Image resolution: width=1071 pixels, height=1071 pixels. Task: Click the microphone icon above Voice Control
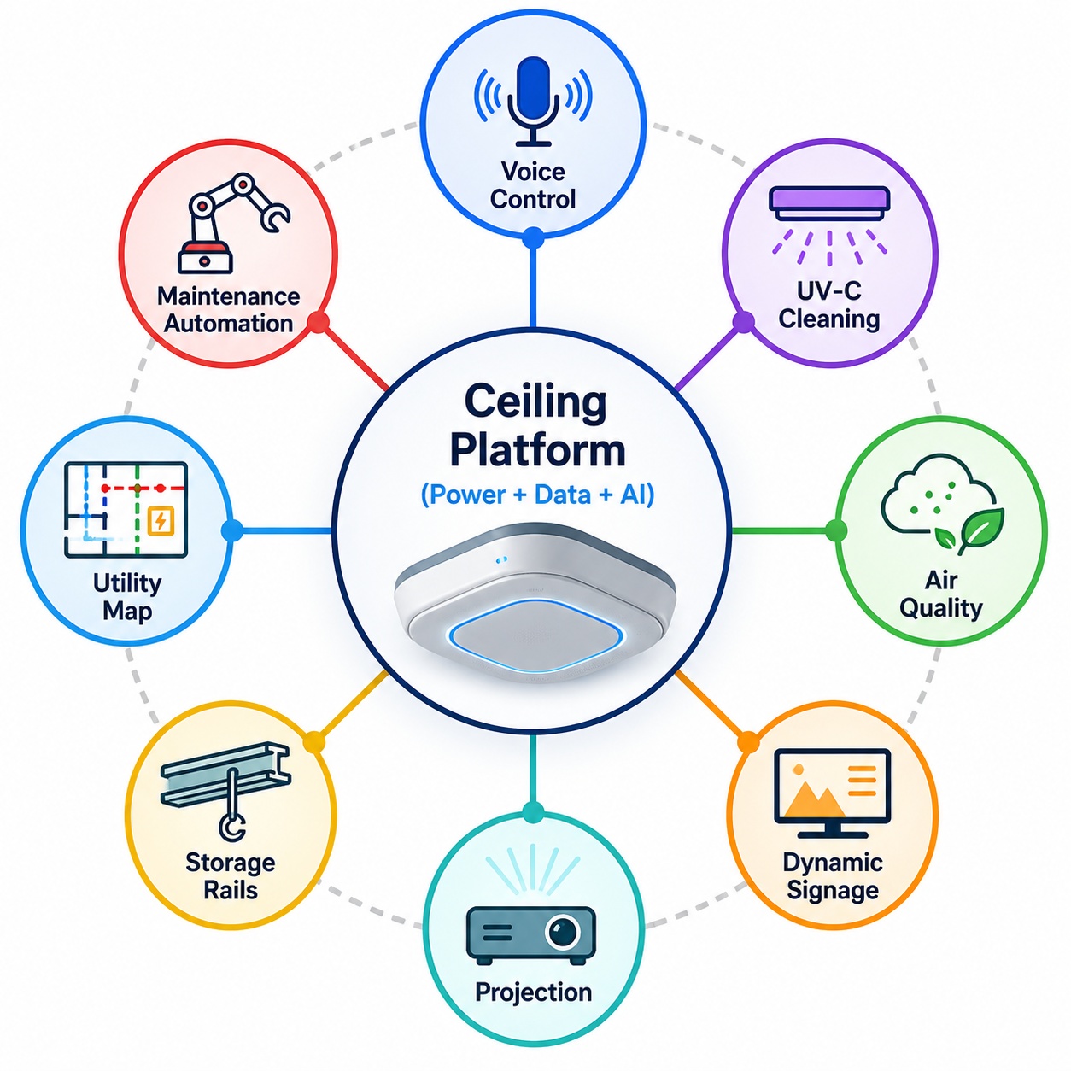(x=534, y=99)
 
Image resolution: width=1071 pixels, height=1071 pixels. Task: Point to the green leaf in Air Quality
(x=980, y=529)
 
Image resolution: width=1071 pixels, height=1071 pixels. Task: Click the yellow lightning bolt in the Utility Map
(x=161, y=520)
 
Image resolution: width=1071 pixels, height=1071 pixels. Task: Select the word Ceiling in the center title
(x=535, y=401)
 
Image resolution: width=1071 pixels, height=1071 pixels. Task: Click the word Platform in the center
(x=537, y=450)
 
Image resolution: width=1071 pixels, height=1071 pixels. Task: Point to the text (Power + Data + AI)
(x=537, y=495)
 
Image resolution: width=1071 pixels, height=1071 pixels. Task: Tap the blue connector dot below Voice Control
(x=533, y=238)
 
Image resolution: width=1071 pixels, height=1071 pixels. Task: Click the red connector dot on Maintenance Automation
(x=319, y=322)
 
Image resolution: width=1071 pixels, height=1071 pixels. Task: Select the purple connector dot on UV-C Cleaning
(x=744, y=322)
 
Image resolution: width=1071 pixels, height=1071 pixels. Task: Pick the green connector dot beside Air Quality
(x=836, y=530)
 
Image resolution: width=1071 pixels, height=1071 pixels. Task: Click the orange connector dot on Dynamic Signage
(x=748, y=742)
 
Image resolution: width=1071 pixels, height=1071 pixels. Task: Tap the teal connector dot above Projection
(x=533, y=812)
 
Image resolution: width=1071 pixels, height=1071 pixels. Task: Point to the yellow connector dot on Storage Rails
(x=314, y=741)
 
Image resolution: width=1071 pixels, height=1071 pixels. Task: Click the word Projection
(x=534, y=992)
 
